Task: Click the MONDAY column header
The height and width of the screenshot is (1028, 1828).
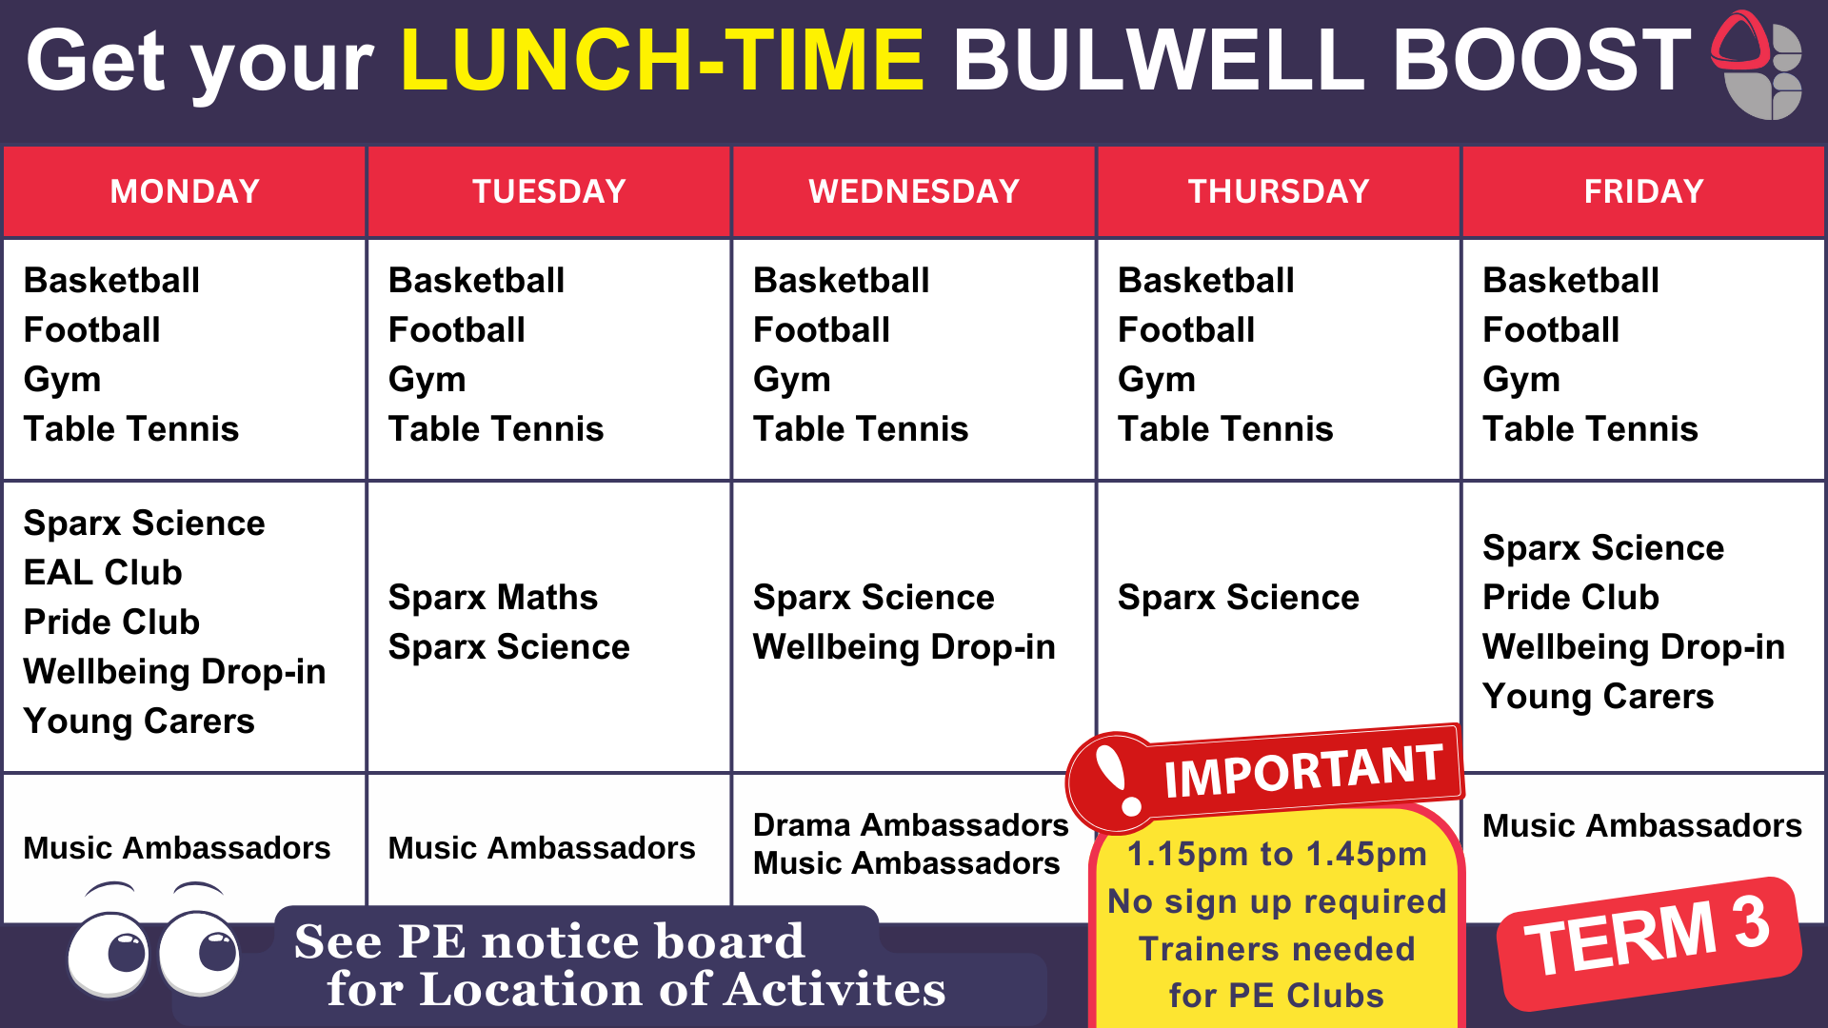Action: click(x=185, y=191)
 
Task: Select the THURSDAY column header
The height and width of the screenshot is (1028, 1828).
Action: click(x=1279, y=191)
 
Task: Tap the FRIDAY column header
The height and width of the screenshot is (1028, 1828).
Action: click(x=1643, y=191)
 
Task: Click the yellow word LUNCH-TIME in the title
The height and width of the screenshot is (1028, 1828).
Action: click(x=663, y=59)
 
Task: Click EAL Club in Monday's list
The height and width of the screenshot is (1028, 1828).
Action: click(x=103, y=572)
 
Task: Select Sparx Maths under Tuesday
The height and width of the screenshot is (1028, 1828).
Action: click(x=493, y=597)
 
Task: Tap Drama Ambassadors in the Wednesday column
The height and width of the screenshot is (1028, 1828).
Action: click(x=911, y=824)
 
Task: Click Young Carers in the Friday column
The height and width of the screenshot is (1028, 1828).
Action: click(x=1599, y=697)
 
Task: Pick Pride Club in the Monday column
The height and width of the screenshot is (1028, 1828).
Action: click(x=111, y=622)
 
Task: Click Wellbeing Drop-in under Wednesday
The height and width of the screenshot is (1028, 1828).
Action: click(x=904, y=647)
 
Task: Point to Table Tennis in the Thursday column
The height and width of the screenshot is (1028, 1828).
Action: click(x=1225, y=428)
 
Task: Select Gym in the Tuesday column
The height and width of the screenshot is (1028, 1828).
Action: click(x=427, y=380)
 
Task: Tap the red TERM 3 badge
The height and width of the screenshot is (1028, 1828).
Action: click(x=1650, y=943)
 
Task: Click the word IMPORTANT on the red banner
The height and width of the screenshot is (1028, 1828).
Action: click(x=1302, y=770)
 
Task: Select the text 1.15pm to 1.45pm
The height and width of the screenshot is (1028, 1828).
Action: click(x=1277, y=854)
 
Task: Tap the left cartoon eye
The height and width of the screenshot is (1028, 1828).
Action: click(x=109, y=952)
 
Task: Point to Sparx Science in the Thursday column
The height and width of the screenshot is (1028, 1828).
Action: click(x=1239, y=597)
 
